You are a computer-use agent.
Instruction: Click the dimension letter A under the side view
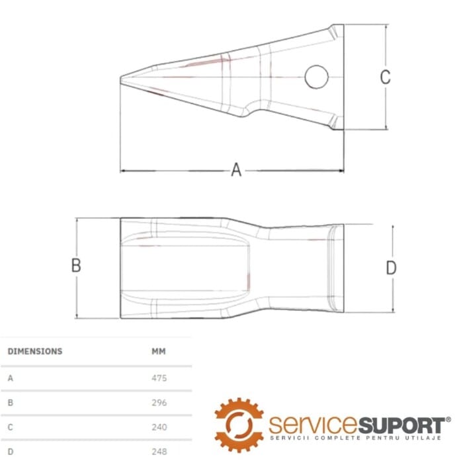point(236,170)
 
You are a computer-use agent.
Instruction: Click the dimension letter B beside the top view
point(76,265)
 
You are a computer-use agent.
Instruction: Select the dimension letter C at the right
point(385,77)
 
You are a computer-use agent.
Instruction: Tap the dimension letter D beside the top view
point(391,268)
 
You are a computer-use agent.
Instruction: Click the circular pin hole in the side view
point(316,77)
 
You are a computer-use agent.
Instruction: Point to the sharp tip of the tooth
point(121,80)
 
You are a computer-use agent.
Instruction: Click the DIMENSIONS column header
point(34,351)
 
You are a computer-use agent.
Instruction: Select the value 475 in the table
point(159,378)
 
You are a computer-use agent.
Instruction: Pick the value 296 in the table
point(159,402)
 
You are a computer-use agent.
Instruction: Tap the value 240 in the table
point(159,427)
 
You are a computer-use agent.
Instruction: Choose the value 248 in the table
point(159,451)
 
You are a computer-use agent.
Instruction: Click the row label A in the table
point(10,378)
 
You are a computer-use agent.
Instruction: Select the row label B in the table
point(10,402)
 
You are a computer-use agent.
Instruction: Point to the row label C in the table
point(10,427)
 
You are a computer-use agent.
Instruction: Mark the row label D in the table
point(10,451)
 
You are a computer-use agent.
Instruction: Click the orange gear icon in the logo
point(239,424)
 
